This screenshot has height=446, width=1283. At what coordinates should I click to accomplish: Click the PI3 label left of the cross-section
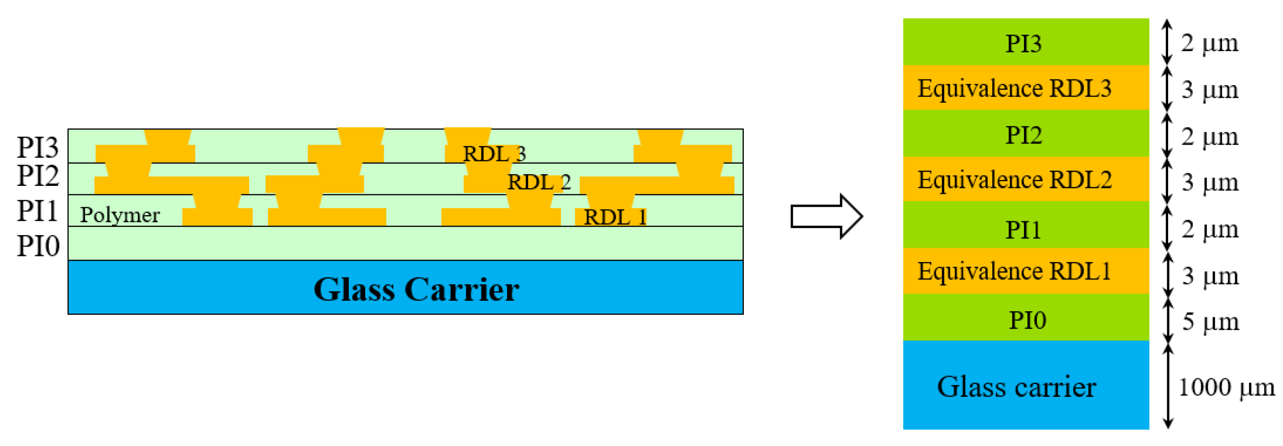click(x=38, y=148)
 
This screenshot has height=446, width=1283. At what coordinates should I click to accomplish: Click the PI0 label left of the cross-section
click(x=38, y=246)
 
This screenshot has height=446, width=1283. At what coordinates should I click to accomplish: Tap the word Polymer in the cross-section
click(x=120, y=215)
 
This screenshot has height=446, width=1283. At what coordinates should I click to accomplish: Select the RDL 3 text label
click(x=494, y=154)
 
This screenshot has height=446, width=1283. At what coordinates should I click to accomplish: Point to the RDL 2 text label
click(x=539, y=183)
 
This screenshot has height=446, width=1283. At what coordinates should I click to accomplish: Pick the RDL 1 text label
click(x=615, y=217)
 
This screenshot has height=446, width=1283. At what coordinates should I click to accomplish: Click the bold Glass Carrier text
click(x=416, y=289)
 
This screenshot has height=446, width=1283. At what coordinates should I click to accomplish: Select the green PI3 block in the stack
click(x=1025, y=43)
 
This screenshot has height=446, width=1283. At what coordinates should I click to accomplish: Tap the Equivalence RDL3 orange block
click(x=1025, y=88)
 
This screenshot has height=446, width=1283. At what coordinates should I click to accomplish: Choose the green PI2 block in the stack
click(x=1025, y=134)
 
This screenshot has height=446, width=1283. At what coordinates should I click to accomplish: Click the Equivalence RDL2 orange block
click(x=1025, y=179)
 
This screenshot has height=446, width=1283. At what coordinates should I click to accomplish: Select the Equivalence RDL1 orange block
click(x=1025, y=271)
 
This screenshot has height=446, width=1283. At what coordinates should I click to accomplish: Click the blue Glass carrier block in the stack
click(x=1025, y=386)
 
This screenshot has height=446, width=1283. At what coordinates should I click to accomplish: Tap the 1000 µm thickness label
click(x=1226, y=387)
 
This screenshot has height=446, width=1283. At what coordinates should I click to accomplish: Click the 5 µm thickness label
click(x=1211, y=322)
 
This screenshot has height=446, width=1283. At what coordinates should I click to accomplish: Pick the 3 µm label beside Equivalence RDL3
click(x=1210, y=90)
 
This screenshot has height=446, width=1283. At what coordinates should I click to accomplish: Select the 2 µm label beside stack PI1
click(x=1210, y=230)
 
